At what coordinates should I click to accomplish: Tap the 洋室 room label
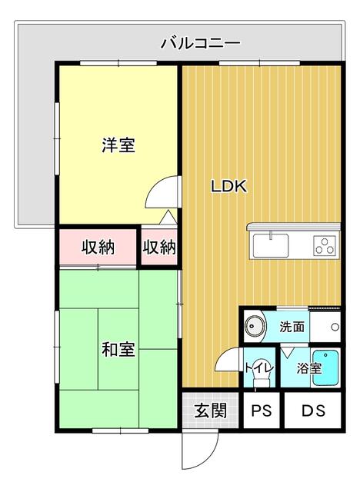(x=118, y=145)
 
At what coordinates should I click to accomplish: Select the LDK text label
(x=228, y=185)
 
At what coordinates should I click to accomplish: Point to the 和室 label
(x=118, y=350)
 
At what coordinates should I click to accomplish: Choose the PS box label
(x=262, y=411)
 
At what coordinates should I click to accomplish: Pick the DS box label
(x=311, y=411)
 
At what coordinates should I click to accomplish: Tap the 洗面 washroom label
(x=292, y=326)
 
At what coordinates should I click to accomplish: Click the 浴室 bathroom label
(x=309, y=367)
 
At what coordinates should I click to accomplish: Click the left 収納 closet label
(x=98, y=248)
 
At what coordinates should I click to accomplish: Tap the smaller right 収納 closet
(x=159, y=248)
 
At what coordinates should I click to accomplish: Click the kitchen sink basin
(x=270, y=246)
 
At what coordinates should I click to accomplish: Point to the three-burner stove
(x=325, y=246)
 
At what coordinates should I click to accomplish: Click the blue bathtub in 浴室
(x=329, y=370)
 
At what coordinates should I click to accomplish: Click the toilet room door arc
(x=228, y=360)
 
